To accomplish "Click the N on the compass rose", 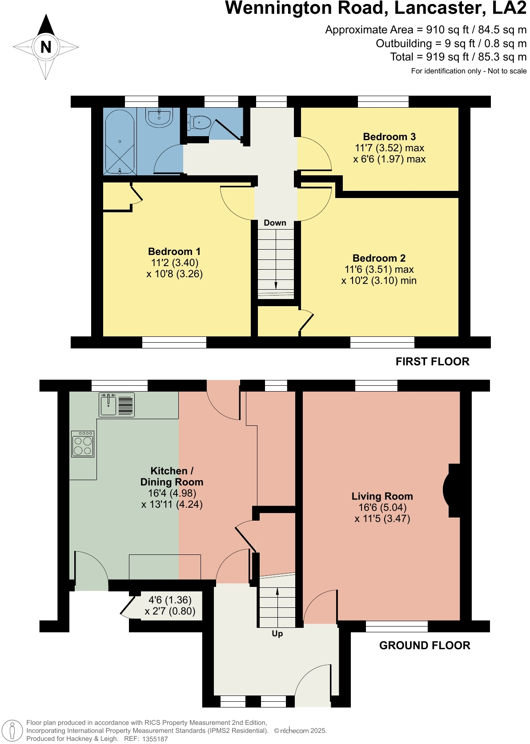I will pos(46,47).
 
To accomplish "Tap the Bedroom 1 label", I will pos(174,251).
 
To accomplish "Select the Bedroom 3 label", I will pos(389,137).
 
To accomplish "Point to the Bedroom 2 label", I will pos(379,258).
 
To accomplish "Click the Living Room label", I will pos(382,496).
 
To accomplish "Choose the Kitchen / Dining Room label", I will pos(172,477).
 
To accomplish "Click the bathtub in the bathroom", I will pos(119,142).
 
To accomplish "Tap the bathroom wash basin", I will pos(159,118).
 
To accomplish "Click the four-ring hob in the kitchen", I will pos(83,444).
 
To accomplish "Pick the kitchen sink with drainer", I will pos(116,405).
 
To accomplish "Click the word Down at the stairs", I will pos(275,223).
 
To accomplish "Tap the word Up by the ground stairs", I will pos(277,634).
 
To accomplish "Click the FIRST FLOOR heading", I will pos(432,362).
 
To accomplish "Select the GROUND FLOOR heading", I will pos(424,646).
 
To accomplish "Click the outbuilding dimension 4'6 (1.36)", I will pos(170,600).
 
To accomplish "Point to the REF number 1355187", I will pos(155,739).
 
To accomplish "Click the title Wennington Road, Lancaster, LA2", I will pos(375,8).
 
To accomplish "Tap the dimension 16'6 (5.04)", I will pos(382,507).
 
